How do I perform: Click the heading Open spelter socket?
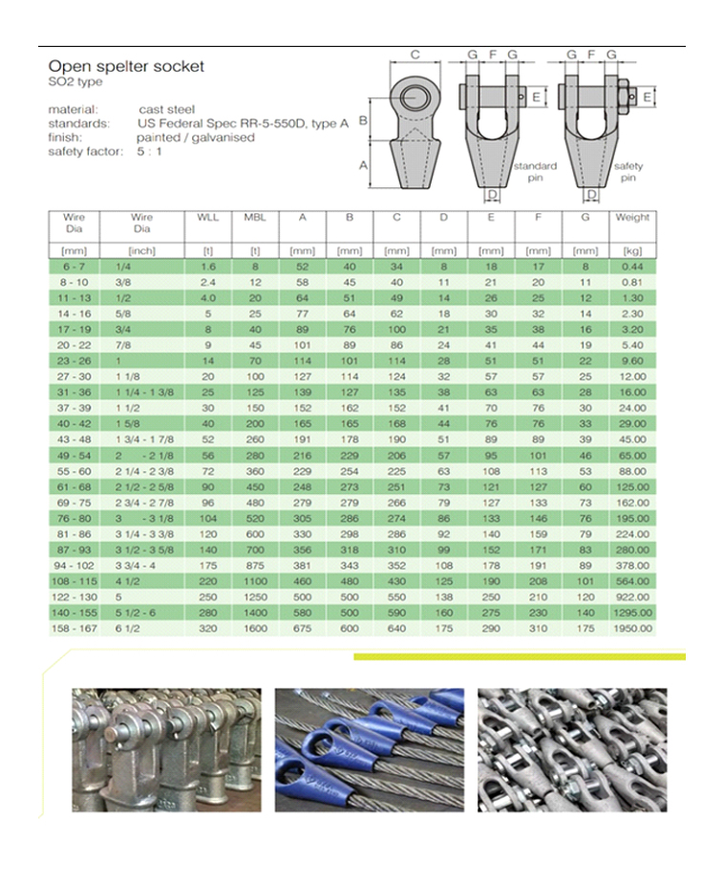pos(126,67)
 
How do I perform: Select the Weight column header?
pos(632,218)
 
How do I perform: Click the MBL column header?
pos(254,218)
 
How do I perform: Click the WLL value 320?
pos(207,629)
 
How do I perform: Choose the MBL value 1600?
pos(254,629)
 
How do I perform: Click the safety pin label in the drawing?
pos(628,173)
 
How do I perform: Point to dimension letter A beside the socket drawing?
pos(364,164)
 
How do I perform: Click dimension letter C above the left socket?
pos(415,55)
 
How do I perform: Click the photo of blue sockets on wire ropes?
pos(370,749)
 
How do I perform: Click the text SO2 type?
pos(75,82)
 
